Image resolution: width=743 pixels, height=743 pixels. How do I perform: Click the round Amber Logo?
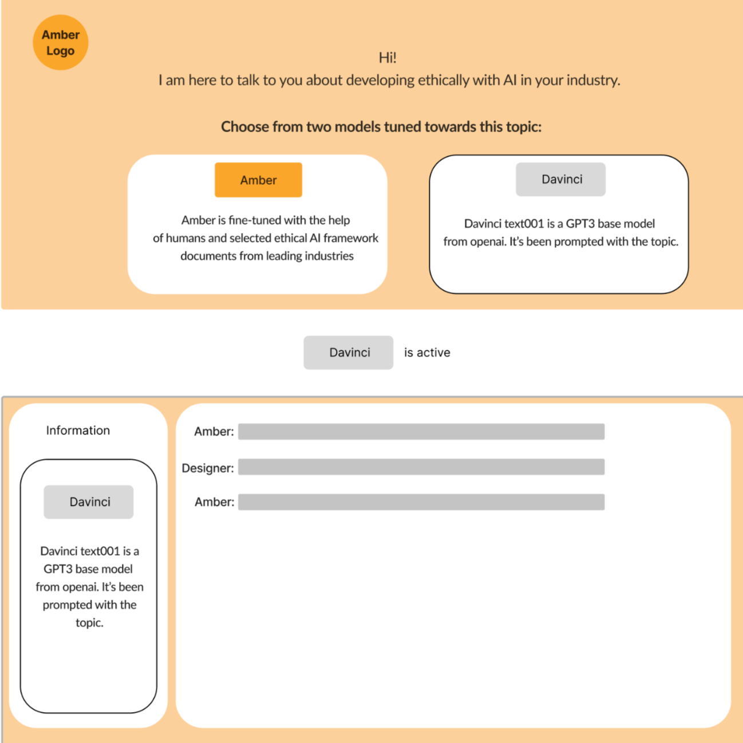click(60, 42)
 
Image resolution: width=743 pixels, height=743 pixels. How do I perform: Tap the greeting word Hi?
click(388, 57)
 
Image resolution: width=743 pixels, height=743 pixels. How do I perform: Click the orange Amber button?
click(258, 180)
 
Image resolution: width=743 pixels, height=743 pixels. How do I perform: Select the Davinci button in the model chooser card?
click(560, 179)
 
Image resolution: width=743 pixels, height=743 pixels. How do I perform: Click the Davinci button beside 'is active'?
click(348, 353)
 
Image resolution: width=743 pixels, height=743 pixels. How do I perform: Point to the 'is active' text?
click(427, 353)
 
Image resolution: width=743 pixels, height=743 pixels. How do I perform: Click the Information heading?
click(78, 430)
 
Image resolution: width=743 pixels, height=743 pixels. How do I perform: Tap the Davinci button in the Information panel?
click(89, 502)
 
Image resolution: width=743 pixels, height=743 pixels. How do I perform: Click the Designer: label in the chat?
click(208, 468)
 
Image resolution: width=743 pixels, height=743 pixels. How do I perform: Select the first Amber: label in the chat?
click(214, 432)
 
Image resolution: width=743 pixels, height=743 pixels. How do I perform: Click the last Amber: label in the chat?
click(214, 502)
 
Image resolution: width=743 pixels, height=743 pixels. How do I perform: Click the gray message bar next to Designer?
click(421, 467)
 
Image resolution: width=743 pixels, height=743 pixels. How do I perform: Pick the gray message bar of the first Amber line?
click(421, 432)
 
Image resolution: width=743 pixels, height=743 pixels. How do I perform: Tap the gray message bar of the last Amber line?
click(421, 502)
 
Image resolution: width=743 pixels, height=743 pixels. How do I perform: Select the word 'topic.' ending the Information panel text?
click(89, 623)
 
